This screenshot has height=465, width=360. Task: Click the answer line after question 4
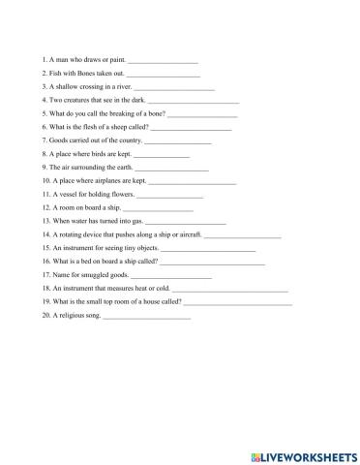point(196,101)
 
